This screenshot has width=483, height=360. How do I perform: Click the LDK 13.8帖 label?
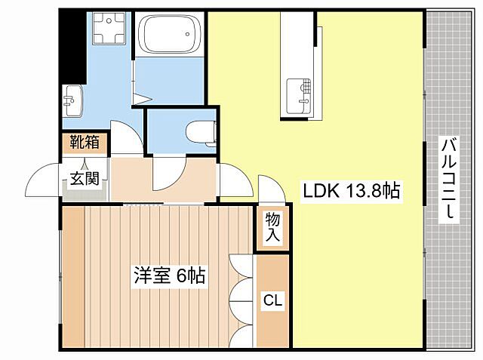pyautogui.click(x=352, y=191)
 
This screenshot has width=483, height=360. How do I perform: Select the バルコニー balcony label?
pyautogui.click(x=450, y=178)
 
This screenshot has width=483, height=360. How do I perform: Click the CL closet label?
pyautogui.click(x=272, y=300)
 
